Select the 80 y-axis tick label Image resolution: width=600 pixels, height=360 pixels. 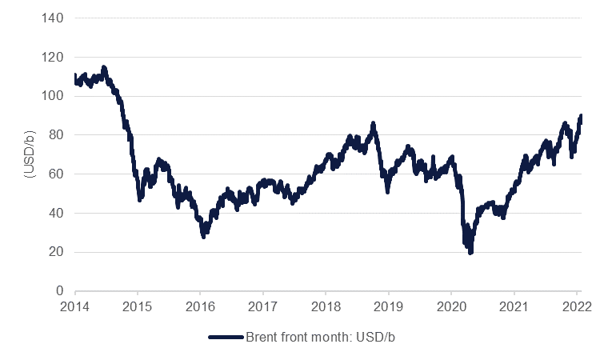57,135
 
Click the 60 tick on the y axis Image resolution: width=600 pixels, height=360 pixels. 57,174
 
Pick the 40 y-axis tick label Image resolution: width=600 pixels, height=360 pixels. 57,213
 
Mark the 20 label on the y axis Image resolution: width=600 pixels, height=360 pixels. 57,252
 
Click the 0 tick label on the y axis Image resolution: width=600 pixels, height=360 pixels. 60,291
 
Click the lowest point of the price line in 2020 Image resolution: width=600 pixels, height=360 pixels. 470,253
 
